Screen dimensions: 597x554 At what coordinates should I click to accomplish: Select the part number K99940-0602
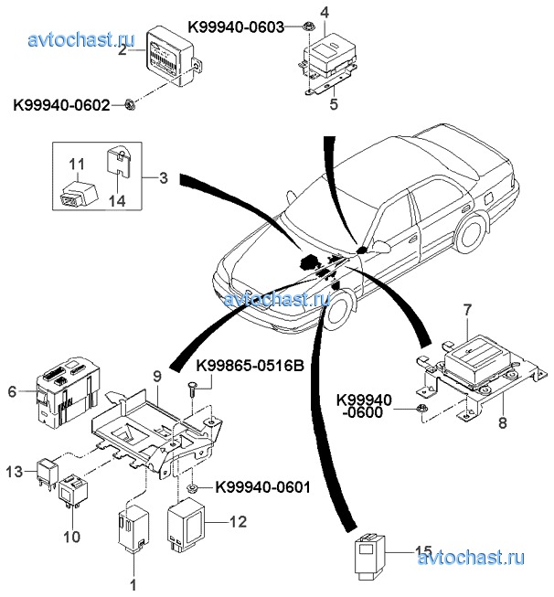(x=60, y=105)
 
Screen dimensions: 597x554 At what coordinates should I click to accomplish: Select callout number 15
(x=421, y=550)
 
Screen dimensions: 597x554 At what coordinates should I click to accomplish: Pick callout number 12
(x=240, y=523)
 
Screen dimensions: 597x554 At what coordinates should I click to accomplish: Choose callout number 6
(x=12, y=392)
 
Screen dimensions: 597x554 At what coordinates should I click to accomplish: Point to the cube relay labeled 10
(x=73, y=494)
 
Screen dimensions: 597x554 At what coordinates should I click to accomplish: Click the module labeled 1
(x=133, y=530)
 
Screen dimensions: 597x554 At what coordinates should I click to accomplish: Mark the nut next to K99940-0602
(x=131, y=105)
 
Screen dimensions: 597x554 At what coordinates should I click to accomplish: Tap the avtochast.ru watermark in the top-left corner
(x=81, y=39)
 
